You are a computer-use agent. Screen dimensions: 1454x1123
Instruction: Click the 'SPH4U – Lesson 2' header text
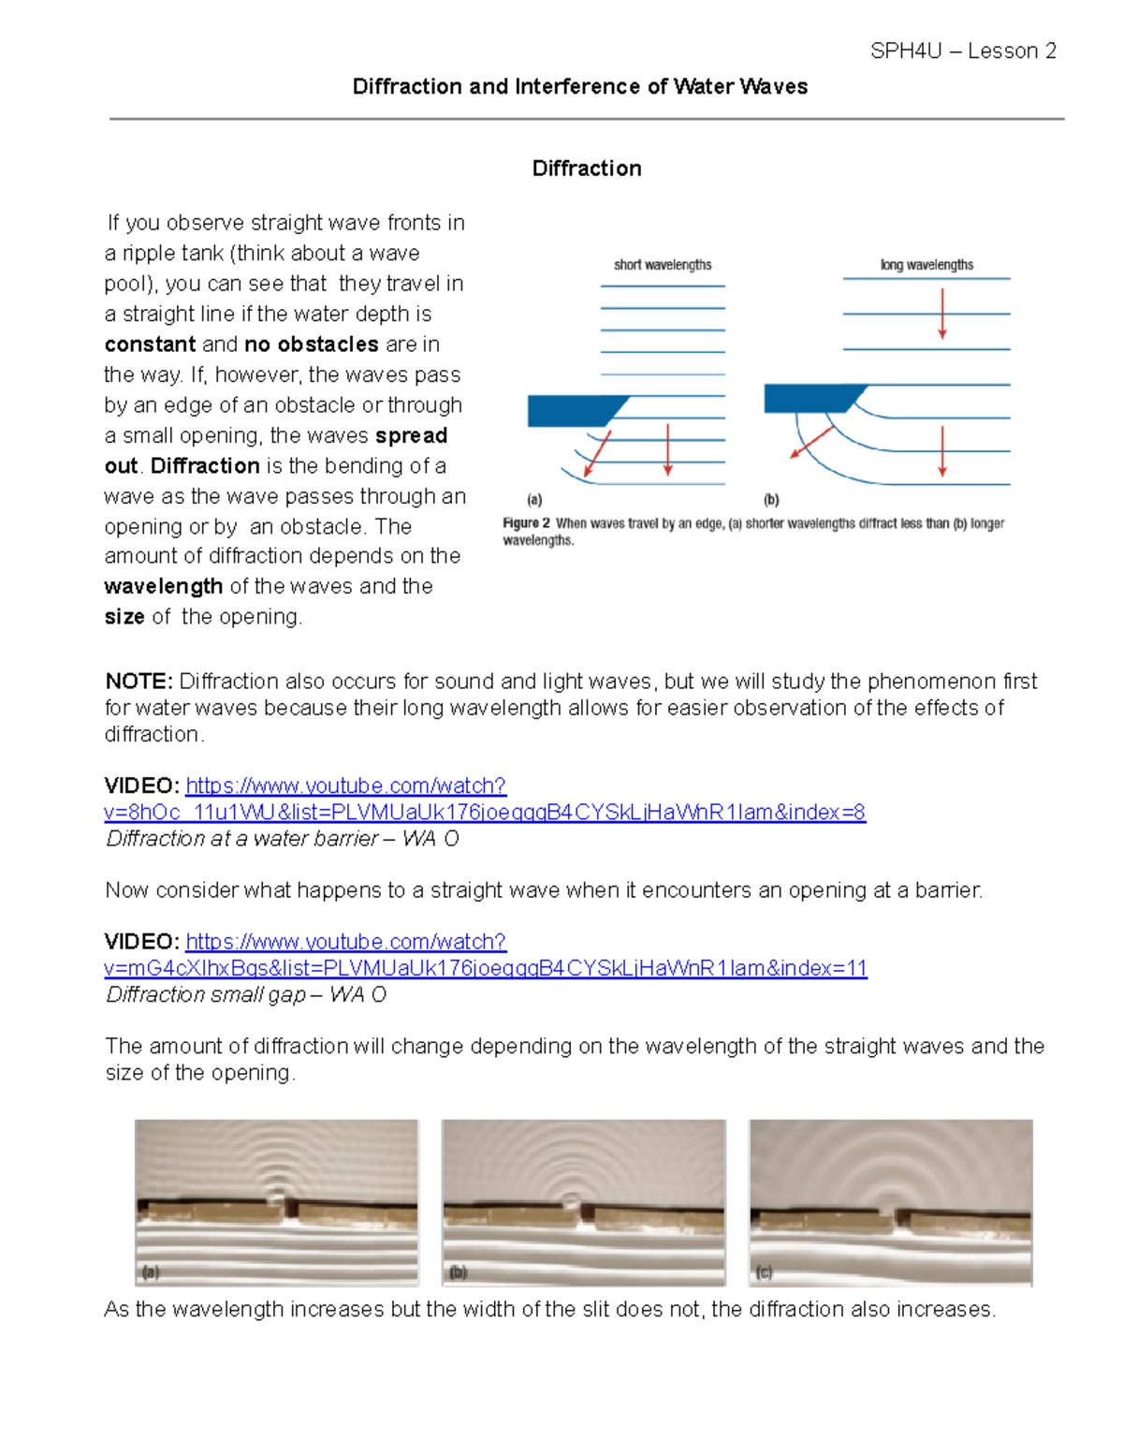pyautogui.click(x=962, y=51)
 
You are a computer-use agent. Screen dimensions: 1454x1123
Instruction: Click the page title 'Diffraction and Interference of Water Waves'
pyautogui.click(x=579, y=87)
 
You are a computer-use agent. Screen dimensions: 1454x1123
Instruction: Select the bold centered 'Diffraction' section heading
pyautogui.click(x=587, y=169)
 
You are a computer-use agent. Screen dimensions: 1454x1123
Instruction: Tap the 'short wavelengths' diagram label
pyautogui.click(x=663, y=265)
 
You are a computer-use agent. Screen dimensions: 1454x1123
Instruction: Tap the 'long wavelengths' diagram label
pyautogui.click(x=926, y=265)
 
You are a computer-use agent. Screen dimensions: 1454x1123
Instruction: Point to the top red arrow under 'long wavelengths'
pyautogui.click(x=942, y=314)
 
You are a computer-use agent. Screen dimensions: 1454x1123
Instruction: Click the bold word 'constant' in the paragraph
pyautogui.click(x=150, y=345)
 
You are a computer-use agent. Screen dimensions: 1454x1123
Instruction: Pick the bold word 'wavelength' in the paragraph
pyautogui.click(x=163, y=587)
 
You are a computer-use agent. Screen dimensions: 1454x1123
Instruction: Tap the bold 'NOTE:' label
pyautogui.click(x=139, y=682)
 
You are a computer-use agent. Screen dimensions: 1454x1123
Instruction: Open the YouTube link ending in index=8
pyautogui.click(x=484, y=813)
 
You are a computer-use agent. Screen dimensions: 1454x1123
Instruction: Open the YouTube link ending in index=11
pyautogui.click(x=485, y=969)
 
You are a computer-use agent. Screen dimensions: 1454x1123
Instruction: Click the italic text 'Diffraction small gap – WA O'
pyautogui.click(x=246, y=995)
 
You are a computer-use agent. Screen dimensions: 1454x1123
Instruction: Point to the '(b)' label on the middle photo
pyautogui.click(x=458, y=1272)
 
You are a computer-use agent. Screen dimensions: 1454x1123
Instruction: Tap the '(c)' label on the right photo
pyautogui.click(x=764, y=1272)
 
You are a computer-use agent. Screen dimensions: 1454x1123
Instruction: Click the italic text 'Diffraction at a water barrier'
pyautogui.click(x=241, y=839)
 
